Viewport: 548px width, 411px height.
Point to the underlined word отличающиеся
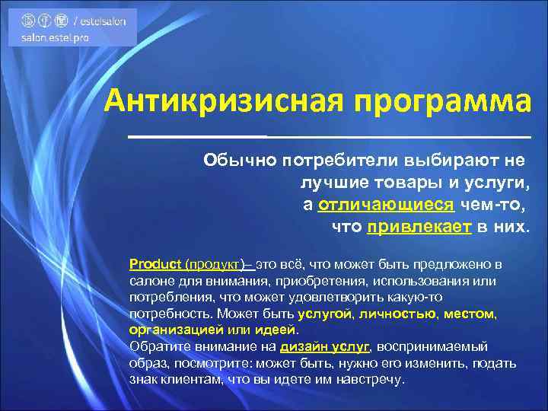pyautogui.click(x=386, y=205)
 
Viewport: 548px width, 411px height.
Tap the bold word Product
pyautogui.click(x=155, y=264)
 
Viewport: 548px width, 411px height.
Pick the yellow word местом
pyautogui.click(x=470, y=313)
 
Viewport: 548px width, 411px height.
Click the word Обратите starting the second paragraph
pyautogui.click(x=157, y=346)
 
